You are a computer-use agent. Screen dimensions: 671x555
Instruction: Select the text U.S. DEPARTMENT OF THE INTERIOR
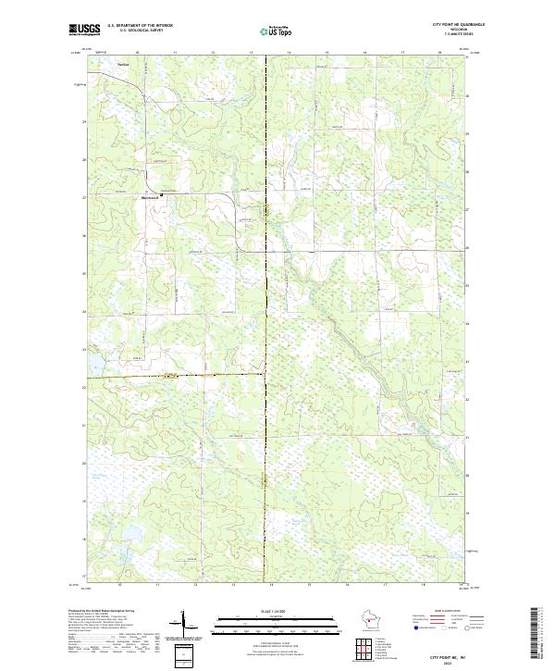tap(140, 25)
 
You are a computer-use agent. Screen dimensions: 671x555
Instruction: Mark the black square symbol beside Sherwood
tap(163, 195)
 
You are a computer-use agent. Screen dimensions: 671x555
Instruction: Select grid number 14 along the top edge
tap(290, 53)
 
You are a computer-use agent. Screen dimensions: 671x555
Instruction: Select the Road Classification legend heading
tap(443, 612)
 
